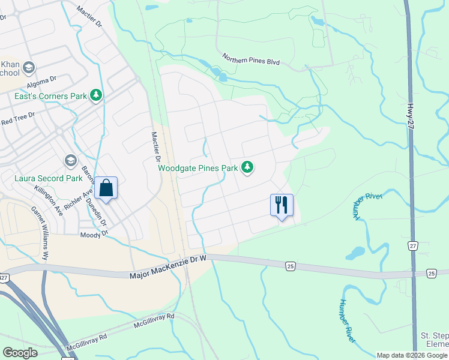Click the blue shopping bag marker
pyautogui.click(x=106, y=189)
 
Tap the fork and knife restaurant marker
pyautogui.click(x=282, y=206)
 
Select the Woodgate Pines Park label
pyautogui.click(x=198, y=169)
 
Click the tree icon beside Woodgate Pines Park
pyautogui.click(x=247, y=167)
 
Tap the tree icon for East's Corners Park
pyautogui.click(x=95, y=95)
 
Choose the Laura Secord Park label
pyautogui.click(x=48, y=178)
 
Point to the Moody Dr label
pyautogui.click(x=94, y=235)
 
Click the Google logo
pyautogui.click(x=21, y=353)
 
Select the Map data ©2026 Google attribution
pyautogui.click(x=411, y=355)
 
